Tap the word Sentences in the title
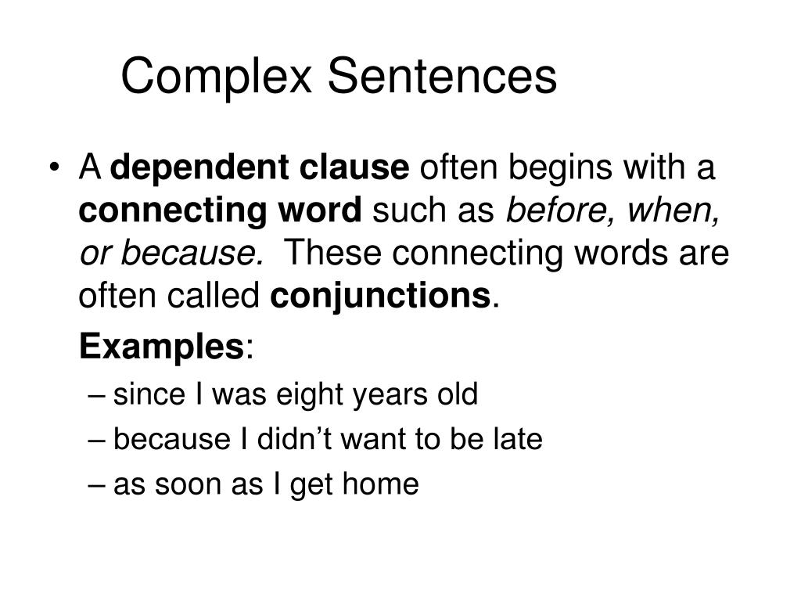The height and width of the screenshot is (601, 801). tap(442, 77)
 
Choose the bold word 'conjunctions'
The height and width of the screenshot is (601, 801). tap(381, 296)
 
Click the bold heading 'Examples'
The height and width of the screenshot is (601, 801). tap(162, 345)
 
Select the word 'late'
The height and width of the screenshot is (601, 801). tap(519, 440)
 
